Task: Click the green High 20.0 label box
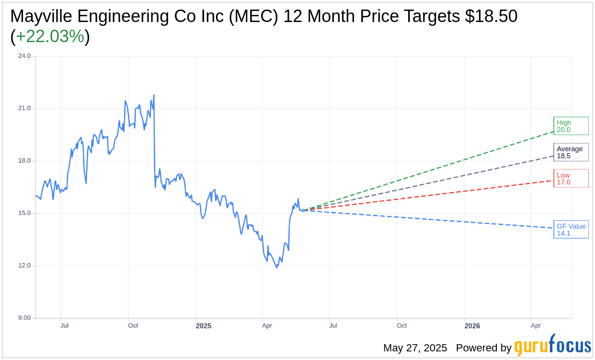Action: tap(571, 126)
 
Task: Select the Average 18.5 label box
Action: tap(571, 152)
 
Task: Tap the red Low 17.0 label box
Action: tap(571, 179)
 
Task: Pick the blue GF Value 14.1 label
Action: tap(571, 229)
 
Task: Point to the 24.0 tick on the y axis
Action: tap(24, 56)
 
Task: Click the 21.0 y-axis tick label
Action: tap(24, 108)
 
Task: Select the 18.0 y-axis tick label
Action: tap(24, 161)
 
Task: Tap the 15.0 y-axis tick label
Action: tap(24, 213)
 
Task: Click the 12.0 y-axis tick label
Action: tap(24, 266)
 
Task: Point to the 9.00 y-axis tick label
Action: tap(24, 318)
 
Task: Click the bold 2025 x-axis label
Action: tap(203, 326)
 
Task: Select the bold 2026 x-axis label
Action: tap(472, 326)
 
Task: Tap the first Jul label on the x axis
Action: tap(64, 326)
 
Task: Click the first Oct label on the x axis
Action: tap(133, 326)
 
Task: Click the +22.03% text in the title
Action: tap(50, 36)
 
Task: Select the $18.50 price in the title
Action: tap(491, 16)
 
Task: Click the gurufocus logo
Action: tap(552, 346)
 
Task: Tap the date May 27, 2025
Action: tap(415, 348)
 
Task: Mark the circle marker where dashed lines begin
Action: tap(303, 210)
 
